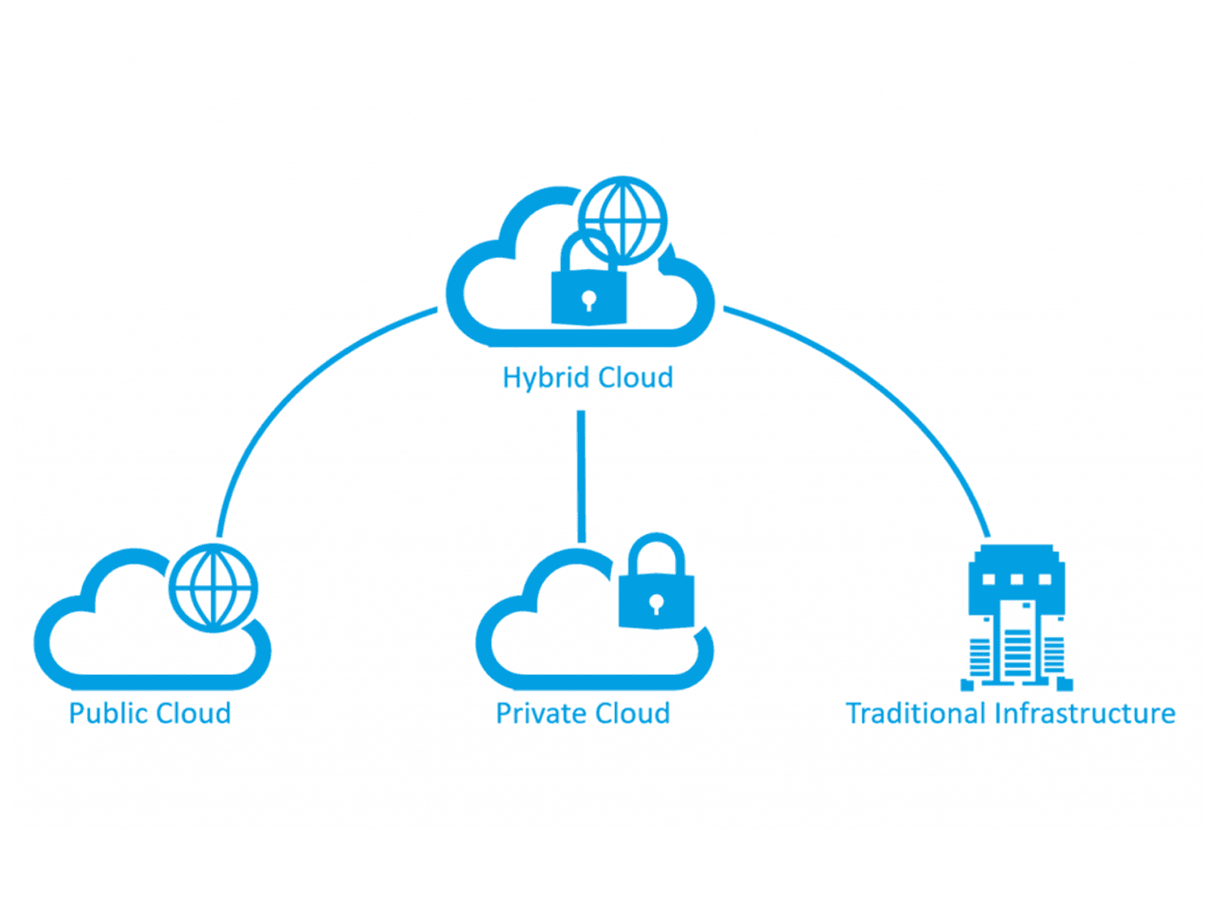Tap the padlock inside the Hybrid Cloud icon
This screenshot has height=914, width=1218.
pos(588,293)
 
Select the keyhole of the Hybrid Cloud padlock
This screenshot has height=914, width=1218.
pos(588,299)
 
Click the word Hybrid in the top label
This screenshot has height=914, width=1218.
pos(545,379)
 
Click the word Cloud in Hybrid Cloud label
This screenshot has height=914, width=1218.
pos(635,377)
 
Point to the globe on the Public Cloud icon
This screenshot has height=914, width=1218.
pos(213,588)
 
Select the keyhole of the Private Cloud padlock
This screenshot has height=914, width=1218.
pos(656,606)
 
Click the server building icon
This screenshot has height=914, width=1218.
pos(1016,617)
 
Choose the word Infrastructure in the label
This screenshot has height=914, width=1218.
pos(1085,714)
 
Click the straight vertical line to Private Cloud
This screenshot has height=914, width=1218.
pos(582,476)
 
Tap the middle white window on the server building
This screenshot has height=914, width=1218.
pos(1016,580)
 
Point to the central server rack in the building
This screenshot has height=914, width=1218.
pos(1017,644)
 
